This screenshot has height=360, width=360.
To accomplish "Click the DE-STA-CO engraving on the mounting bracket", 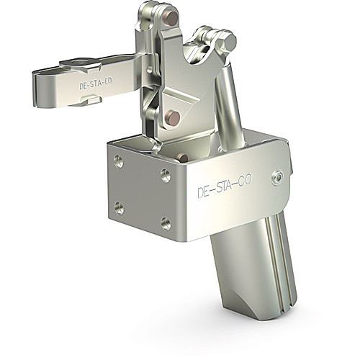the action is coord(225,186).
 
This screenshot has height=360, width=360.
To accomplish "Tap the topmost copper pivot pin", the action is coord(172,19).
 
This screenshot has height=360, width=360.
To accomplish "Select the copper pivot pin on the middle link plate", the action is coord(173,118).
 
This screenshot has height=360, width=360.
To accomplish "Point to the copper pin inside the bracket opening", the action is coord(183,158).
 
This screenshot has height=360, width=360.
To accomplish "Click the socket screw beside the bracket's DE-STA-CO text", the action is coord(278,178).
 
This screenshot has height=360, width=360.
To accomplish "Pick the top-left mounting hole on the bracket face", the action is coord(119,161).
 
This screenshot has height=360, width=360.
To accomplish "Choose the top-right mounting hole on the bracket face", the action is coord(166,176).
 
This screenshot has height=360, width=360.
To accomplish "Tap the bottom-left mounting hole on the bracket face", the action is coord(119,208).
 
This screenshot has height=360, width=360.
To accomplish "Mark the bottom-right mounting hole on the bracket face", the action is coord(166,224).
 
